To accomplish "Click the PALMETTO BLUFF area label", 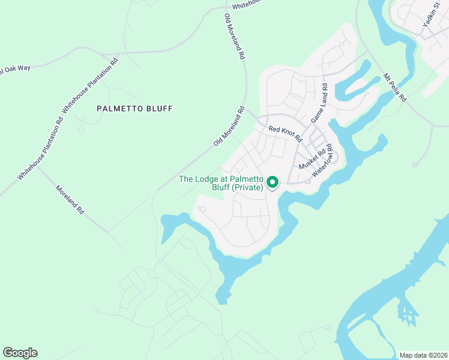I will coord(134,109).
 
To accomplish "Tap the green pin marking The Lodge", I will coord(272,182).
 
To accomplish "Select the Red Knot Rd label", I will coord(285,133).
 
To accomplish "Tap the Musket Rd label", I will coord(316,158).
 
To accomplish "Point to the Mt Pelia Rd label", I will coord(394,88).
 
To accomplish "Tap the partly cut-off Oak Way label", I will coord(15,68).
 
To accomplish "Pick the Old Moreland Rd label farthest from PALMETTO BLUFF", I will coord(234,36).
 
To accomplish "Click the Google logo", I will coord(20,353).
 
